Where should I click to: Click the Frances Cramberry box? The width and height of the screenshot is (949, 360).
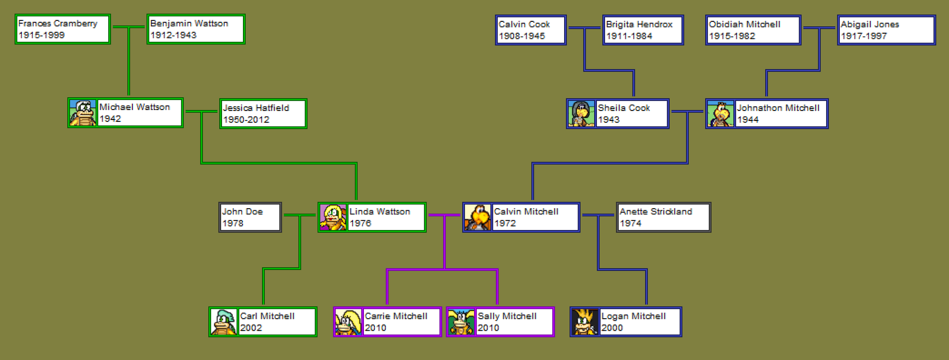(63, 29)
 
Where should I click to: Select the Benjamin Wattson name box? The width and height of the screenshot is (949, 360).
(195, 29)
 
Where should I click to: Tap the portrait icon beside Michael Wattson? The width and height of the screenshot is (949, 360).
(83, 113)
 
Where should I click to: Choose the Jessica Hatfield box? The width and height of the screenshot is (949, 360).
(263, 114)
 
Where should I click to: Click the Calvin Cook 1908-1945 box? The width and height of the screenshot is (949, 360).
(530, 30)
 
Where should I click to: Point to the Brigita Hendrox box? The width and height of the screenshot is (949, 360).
(642, 30)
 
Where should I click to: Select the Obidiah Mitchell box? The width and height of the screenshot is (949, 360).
(753, 30)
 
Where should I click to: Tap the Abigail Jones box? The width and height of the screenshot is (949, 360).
(886, 30)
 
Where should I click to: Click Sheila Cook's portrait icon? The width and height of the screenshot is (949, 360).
(581, 114)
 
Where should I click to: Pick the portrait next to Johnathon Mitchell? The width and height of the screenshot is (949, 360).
(720, 114)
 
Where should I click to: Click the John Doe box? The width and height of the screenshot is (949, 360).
(250, 217)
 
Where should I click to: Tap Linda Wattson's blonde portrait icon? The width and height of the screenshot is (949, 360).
(333, 217)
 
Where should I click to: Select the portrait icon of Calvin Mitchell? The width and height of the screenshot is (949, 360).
(477, 217)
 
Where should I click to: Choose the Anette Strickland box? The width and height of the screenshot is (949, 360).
(663, 217)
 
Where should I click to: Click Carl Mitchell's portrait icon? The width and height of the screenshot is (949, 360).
(223, 322)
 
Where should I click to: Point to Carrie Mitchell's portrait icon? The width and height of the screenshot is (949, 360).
(348, 322)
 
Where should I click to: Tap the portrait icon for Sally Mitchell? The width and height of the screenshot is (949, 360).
(461, 322)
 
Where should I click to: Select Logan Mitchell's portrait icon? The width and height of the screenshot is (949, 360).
(585, 322)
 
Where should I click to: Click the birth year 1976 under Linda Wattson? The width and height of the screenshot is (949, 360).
(360, 223)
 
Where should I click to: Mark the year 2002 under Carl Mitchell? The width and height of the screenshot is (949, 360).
(251, 328)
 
